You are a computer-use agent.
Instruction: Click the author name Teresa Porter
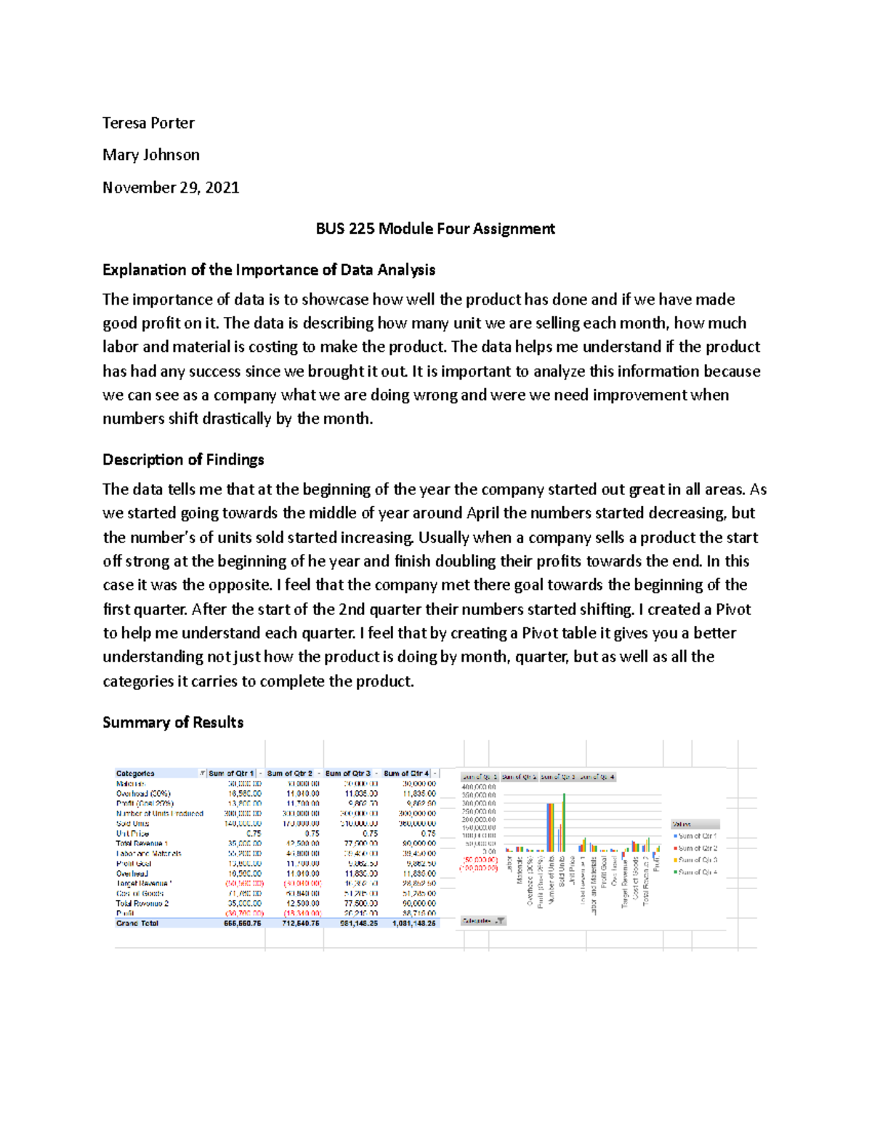(x=148, y=123)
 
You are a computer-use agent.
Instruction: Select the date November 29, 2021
(x=171, y=188)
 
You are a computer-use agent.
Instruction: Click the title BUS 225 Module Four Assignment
(x=435, y=229)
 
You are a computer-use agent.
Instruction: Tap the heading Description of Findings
(x=183, y=459)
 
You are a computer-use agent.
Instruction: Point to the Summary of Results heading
(x=173, y=722)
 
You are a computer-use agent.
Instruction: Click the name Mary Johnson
(x=151, y=155)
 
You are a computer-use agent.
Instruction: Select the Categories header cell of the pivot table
(x=135, y=773)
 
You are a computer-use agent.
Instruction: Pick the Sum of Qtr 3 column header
(x=348, y=773)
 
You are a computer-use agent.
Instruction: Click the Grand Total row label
(x=137, y=923)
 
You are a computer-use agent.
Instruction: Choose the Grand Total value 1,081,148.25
(x=411, y=923)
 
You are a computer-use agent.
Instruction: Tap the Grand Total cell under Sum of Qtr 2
(x=301, y=923)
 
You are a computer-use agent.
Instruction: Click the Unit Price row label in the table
(x=133, y=834)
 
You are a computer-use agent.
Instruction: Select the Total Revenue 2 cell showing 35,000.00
(x=245, y=904)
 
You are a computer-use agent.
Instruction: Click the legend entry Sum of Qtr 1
(x=696, y=837)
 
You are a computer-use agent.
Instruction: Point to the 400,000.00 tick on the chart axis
(x=479, y=787)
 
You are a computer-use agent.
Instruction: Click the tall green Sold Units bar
(x=564, y=821)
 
